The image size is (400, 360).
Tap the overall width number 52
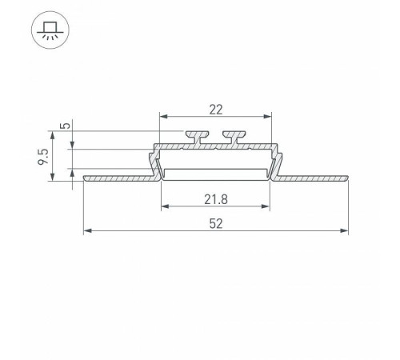(x=216, y=222)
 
